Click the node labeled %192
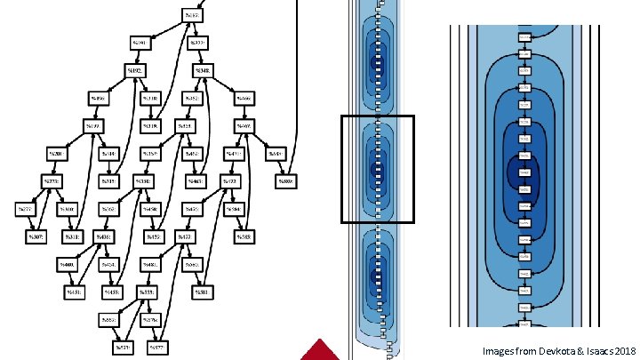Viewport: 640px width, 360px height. click(136, 70)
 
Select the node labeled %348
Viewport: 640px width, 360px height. click(203, 70)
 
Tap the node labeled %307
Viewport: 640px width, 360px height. click(36, 237)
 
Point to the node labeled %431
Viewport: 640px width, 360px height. click(74, 292)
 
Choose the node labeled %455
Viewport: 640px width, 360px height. click(112, 292)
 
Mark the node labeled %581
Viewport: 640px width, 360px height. click(203, 292)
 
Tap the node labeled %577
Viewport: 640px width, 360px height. click(160, 347)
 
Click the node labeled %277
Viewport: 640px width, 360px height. click(24, 210)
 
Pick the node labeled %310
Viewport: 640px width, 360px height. click(67, 210)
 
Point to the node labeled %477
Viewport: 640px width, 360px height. click(184, 237)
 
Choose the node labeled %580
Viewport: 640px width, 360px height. click(285, 182)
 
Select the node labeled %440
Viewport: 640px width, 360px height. click(67, 265)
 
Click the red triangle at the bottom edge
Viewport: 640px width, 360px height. click(321, 350)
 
